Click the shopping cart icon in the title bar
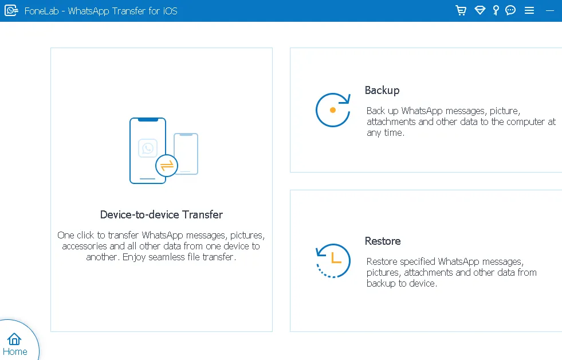(x=461, y=10)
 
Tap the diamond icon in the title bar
(x=480, y=10)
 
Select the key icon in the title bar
(x=496, y=10)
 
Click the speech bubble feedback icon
(x=510, y=10)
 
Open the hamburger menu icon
(x=529, y=10)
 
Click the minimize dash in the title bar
(x=550, y=11)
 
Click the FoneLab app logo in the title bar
(x=11, y=10)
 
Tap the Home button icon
(x=14, y=339)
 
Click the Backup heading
(x=382, y=91)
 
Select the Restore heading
(x=383, y=241)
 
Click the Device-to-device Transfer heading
(x=162, y=214)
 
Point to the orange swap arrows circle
(x=167, y=166)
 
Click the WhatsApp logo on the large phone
(x=148, y=148)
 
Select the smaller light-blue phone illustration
(x=186, y=154)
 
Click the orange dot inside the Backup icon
(x=333, y=110)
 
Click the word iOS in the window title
(x=170, y=11)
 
